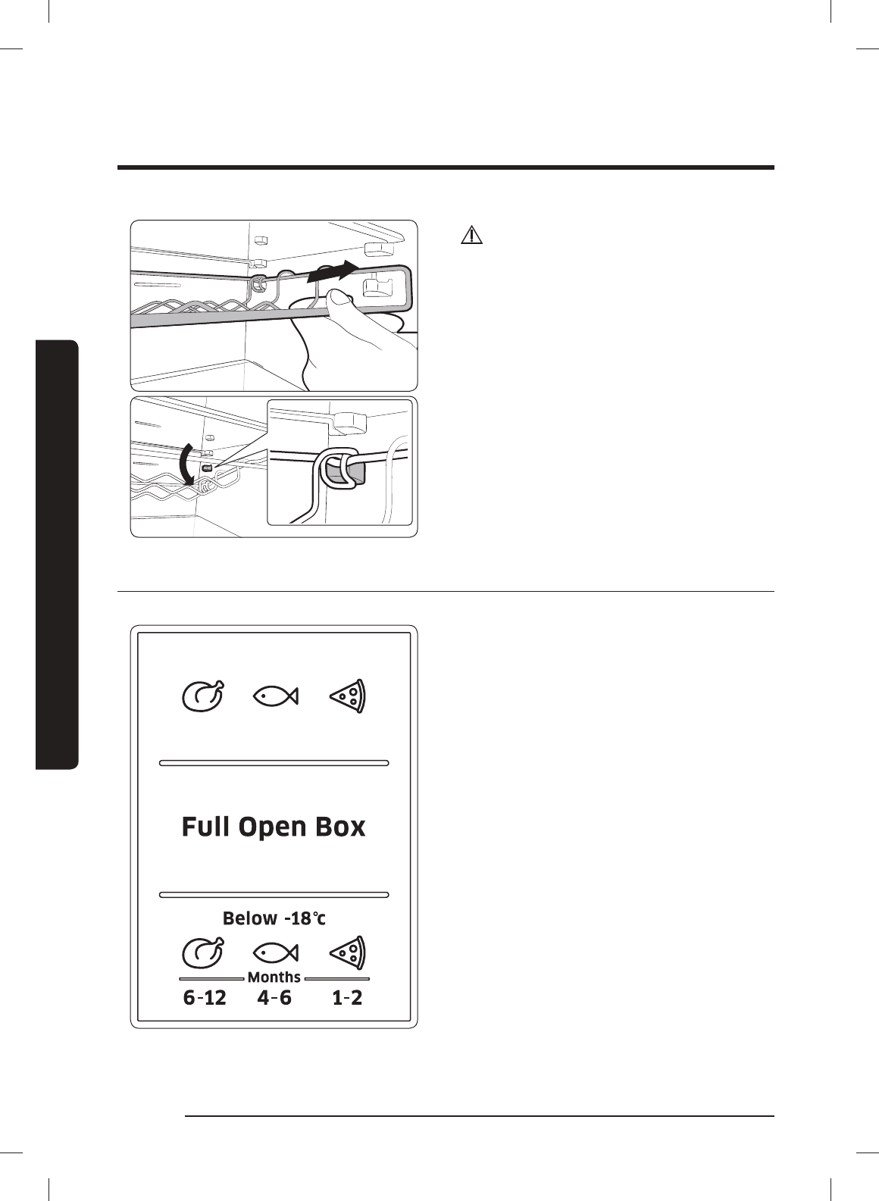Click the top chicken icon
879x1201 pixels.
coord(203,696)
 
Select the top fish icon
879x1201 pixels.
coord(274,694)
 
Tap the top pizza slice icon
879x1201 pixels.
coord(348,695)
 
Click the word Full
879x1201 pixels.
coord(206,827)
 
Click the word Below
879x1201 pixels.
coord(250,918)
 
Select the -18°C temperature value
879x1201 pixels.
coord(305,918)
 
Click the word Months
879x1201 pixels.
coord(274,977)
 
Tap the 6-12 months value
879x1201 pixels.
coord(205,998)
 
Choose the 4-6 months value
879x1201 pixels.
coord(274,998)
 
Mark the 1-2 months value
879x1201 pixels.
coord(347,998)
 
